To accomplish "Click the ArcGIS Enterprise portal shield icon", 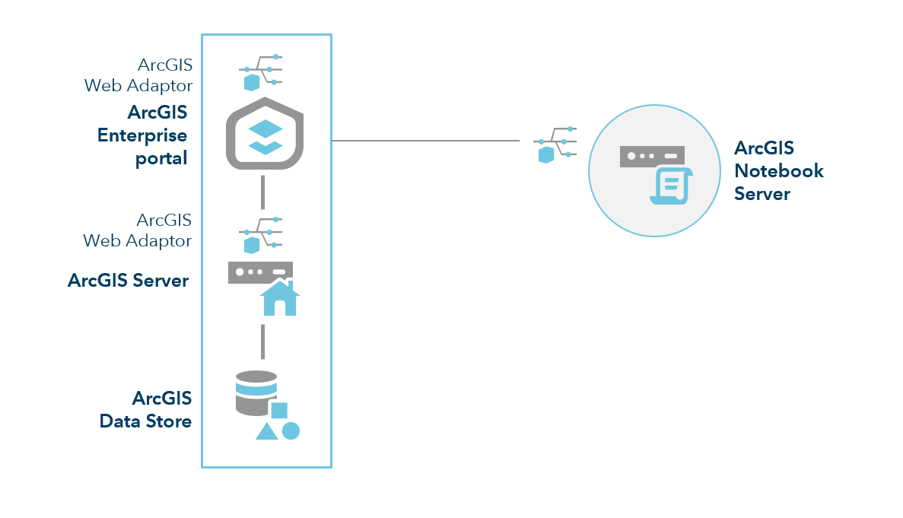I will (x=265, y=134).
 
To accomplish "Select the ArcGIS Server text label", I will (x=128, y=280).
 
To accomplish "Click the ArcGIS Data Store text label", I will (x=146, y=409).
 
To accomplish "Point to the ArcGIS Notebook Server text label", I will (x=778, y=170).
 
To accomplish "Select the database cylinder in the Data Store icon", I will (x=256, y=392).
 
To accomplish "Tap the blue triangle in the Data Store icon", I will (x=266, y=431).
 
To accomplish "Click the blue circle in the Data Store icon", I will (x=291, y=431).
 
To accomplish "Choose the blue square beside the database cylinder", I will (x=279, y=411).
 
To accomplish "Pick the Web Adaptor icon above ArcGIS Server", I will (x=260, y=234).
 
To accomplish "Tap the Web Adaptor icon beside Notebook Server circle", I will (x=555, y=145).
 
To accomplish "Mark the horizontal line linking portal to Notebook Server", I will (x=426, y=141).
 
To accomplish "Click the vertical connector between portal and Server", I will (x=262, y=192).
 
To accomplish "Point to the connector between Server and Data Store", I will (x=262, y=342).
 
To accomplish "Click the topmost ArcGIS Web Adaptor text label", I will (x=138, y=75).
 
